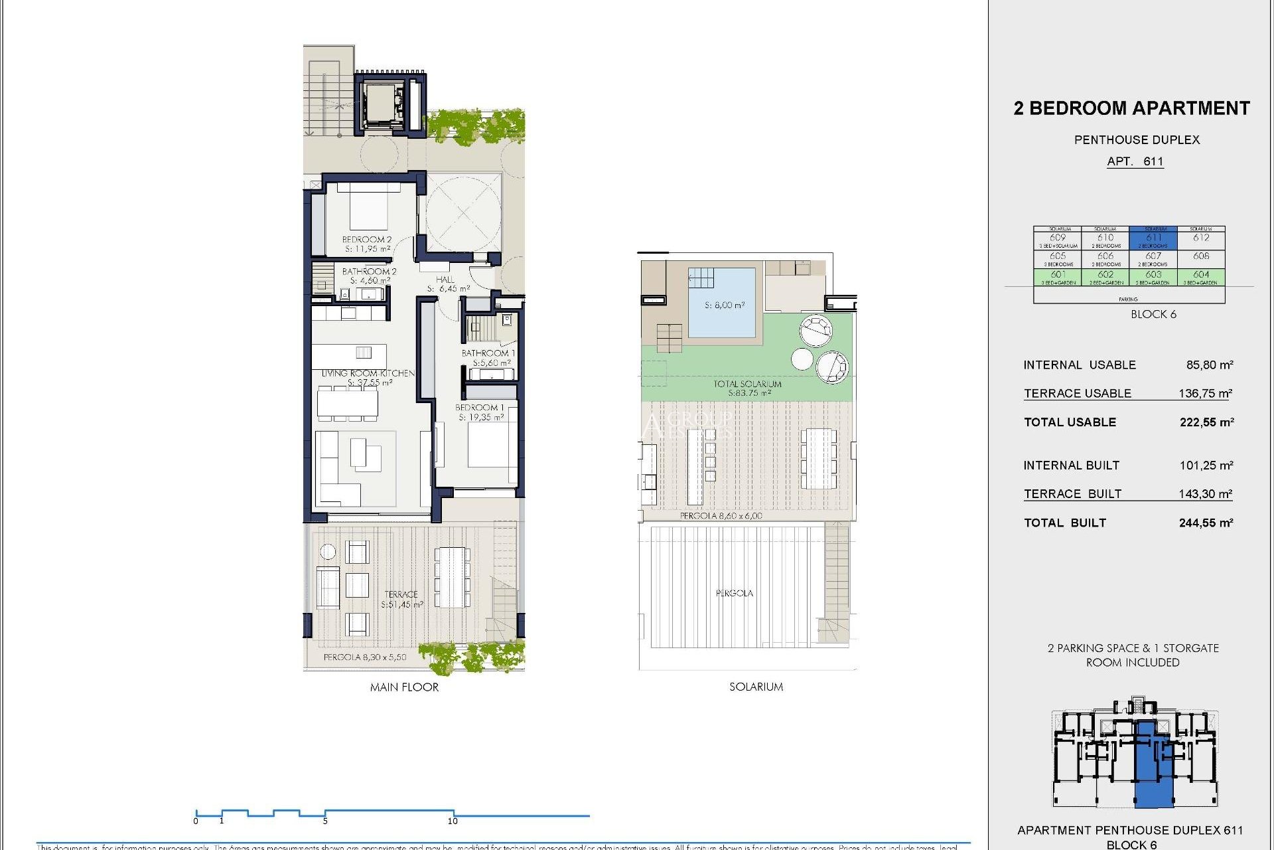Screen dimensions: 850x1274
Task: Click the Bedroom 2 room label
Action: coord(367,244)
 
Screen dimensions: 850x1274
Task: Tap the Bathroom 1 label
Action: coord(488,358)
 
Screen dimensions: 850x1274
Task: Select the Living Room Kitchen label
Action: coord(368,378)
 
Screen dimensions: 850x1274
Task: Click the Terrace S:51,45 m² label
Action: coord(401,599)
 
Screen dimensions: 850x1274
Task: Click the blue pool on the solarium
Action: coord(722,303)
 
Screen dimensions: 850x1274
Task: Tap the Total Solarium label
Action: coord(747,388)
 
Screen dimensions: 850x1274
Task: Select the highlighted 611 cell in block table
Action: coord(1153,238)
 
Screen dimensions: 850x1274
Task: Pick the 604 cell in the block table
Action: coord(1201,276)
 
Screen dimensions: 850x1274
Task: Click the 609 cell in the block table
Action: coord(1058,238)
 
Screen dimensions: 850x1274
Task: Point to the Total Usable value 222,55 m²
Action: coord(1206,422)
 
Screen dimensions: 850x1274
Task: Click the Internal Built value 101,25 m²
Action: coord(1206,466)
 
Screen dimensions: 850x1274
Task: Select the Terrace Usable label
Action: coord(1077,393)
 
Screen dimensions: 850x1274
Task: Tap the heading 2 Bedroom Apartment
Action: coord(1131,108)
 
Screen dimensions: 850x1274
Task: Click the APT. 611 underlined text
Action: coord(1135,161)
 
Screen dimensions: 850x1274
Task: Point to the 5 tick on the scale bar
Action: coord(325,820)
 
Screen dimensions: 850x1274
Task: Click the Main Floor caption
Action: coord(404,687)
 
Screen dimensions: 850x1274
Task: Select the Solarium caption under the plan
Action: coord(756,687)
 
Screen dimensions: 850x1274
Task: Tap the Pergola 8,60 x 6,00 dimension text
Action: coord(721,515)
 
